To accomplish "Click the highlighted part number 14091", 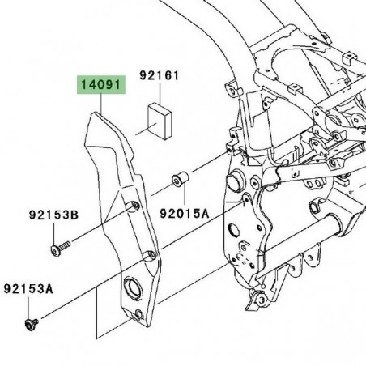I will [x=102, y=83].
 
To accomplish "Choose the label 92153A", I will [x=28, y=287].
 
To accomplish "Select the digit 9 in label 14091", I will [x=113, y=83].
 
